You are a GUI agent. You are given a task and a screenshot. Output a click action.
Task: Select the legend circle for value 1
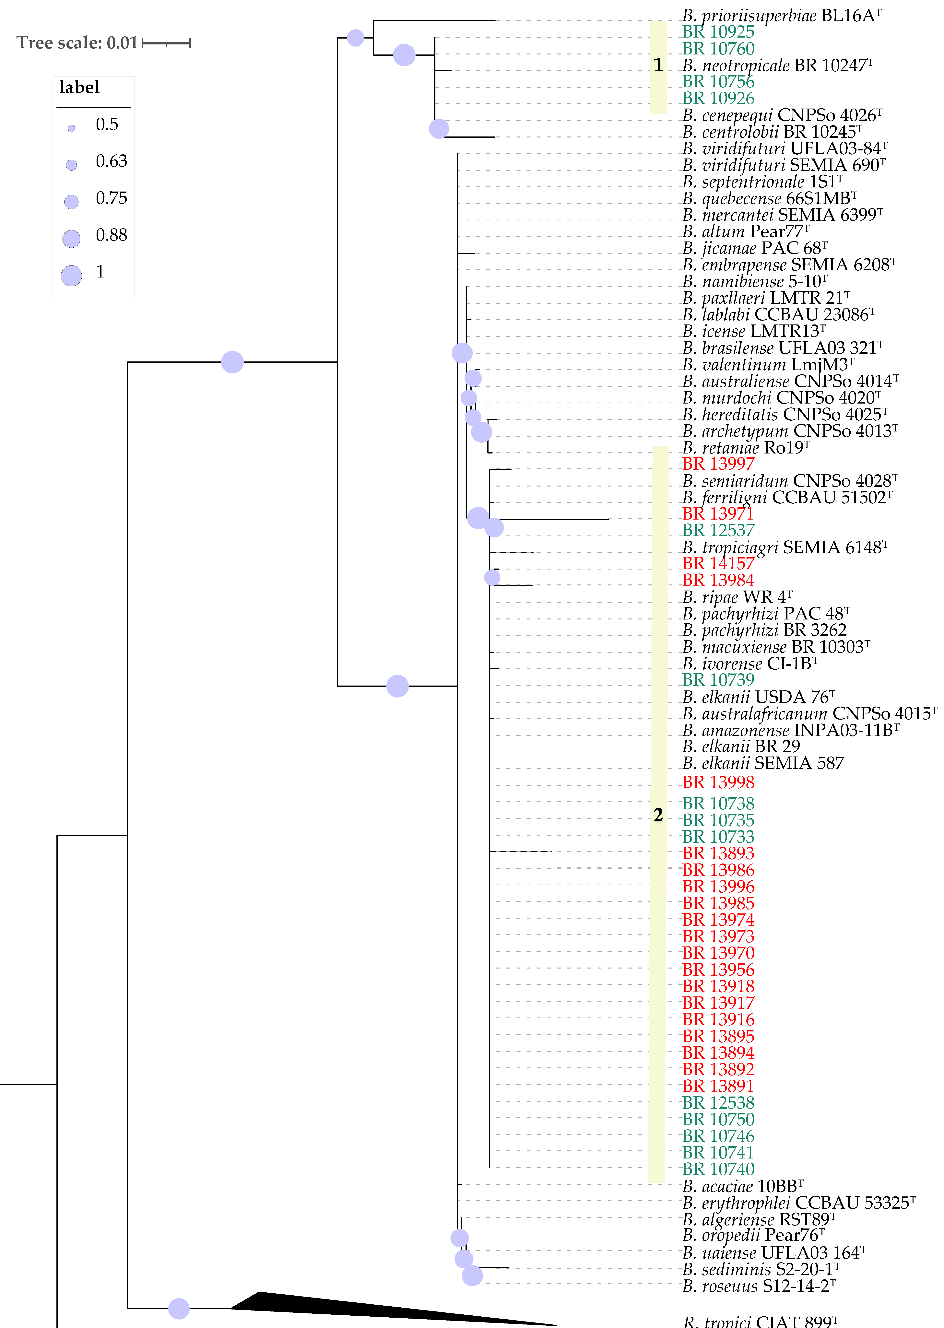tap(72, 276)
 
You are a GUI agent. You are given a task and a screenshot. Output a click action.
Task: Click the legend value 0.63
tap(111, 162)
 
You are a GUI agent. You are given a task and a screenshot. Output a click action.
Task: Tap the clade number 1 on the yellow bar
tap(658, 65)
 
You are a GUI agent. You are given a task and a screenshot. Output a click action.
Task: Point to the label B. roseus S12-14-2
tap(759, 1287)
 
